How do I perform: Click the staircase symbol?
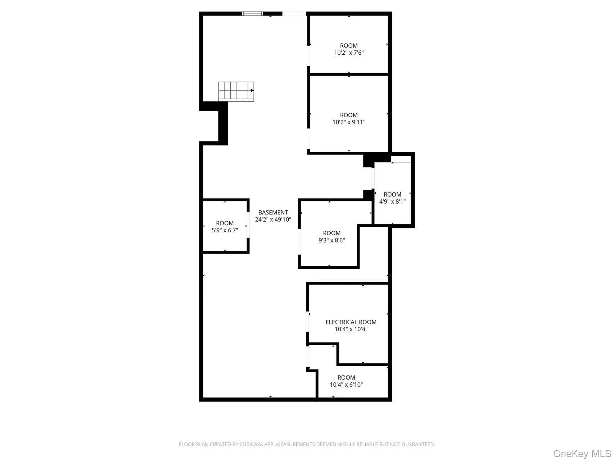coord(236,91)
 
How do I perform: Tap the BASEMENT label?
coord(273,213)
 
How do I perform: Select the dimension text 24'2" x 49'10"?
coord(273,219)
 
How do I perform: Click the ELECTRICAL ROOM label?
coord(351,322)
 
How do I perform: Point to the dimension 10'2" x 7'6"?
coord(349,53)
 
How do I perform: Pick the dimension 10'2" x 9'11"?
coord(349,122)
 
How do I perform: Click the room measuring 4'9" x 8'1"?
coord(392,198)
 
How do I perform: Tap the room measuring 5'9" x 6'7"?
coord(225,227)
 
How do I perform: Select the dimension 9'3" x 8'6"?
coord(331,240)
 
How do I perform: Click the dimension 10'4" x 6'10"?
coord(346,385)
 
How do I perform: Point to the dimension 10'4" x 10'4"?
coord(351,329)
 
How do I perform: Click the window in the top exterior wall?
coord(252,14)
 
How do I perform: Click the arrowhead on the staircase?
coord(252,91)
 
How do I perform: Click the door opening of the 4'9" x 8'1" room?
coord(373,178)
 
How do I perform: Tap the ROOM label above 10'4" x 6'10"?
coord(346,378)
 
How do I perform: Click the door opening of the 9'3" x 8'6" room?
coord(299,242)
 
